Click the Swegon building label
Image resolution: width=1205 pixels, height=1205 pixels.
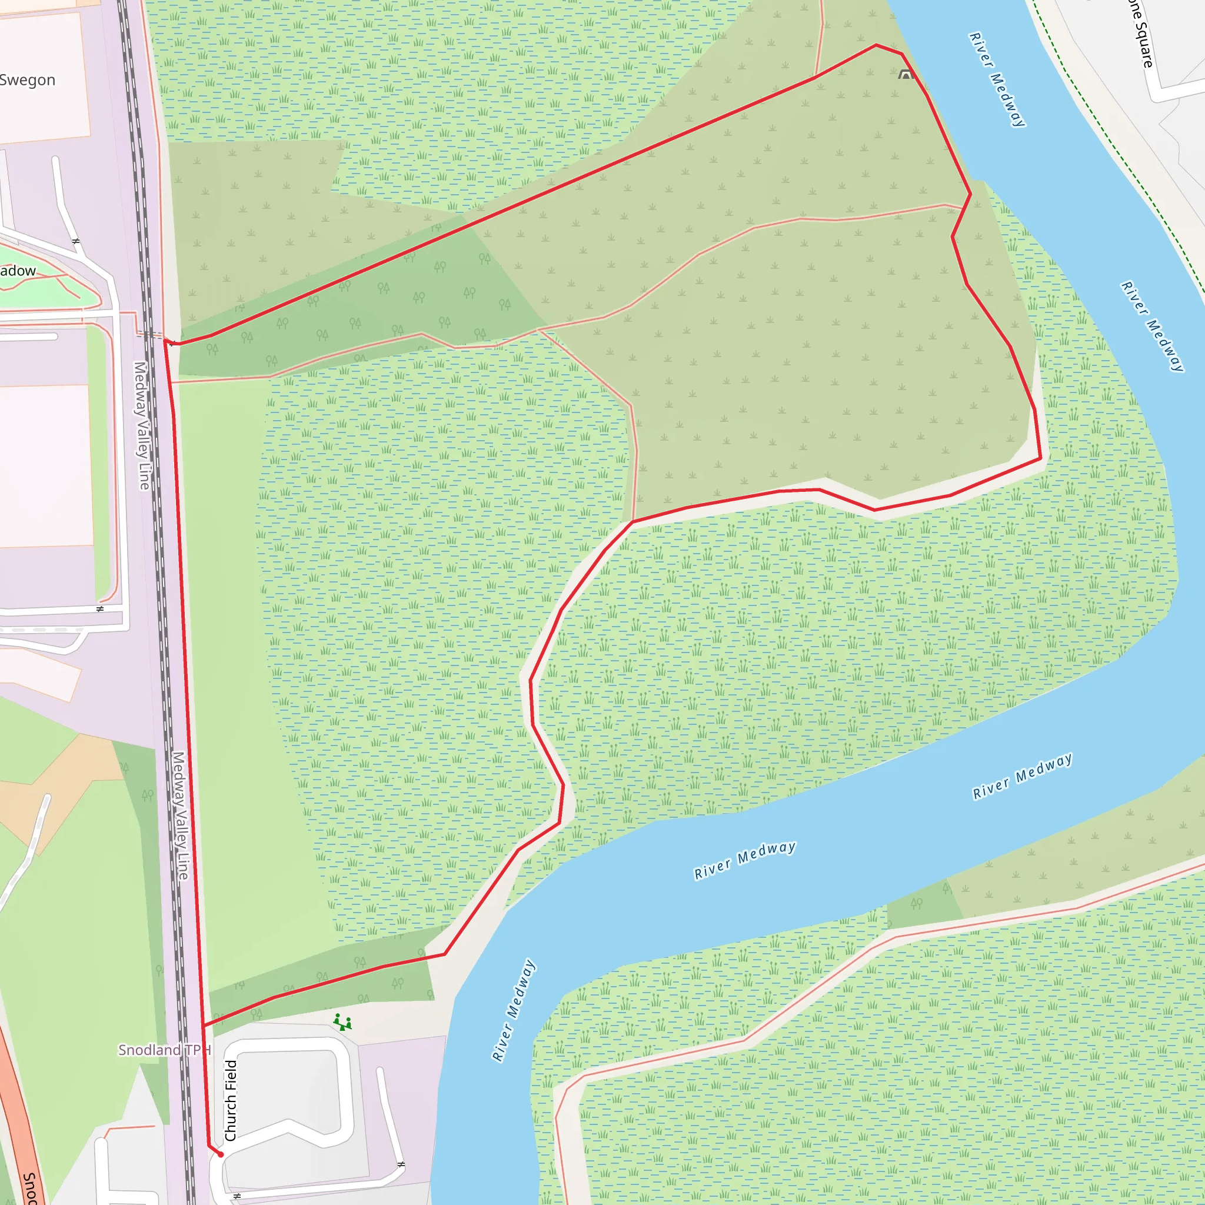click(28, 80)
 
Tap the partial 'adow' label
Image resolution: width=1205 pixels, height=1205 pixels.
click(18, 271)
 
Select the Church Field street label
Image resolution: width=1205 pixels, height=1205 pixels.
click(231, 1100)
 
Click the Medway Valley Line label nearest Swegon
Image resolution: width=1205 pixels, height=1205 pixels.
click(142, 425)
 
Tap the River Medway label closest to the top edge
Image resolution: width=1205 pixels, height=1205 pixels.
click(996, 79)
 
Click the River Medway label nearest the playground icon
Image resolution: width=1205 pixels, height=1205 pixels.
click(513, 1010)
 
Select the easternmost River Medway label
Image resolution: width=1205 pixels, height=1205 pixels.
click(1152, 326)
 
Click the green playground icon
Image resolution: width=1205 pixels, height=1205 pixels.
click(342, 1022)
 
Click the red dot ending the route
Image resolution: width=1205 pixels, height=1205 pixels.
click(220, 1154)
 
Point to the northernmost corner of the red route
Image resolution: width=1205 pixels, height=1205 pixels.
click(876, 45)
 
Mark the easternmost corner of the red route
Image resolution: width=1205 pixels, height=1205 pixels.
click(1041, 458)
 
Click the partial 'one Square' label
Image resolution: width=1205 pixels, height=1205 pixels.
click(1141, 34)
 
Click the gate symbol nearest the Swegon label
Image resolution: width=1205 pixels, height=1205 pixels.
click(76, 241)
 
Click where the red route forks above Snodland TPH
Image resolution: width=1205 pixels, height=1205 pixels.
click(204, 1025)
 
